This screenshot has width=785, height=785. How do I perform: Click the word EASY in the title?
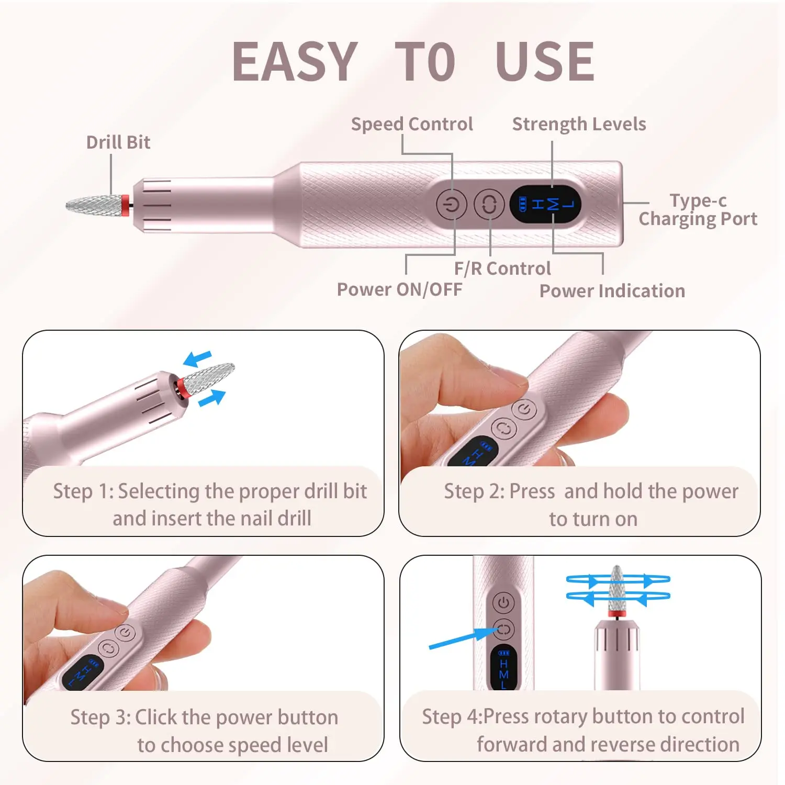pos(295,62)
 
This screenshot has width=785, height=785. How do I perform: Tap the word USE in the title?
pos(545,62)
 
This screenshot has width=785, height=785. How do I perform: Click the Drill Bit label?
pos(118,142)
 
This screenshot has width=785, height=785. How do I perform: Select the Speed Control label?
pos(412,124)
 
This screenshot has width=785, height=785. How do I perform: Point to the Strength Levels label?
pos(579,124)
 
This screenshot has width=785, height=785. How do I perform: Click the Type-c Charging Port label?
pos(698,209)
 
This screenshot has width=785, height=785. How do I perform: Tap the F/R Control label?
pos(502,268)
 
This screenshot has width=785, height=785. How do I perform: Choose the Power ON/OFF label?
pos(399,289)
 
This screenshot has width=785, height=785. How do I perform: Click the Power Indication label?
pos(612,291)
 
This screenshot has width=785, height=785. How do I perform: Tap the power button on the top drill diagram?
pos(452,204)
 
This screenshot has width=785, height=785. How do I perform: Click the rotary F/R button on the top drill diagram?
pos(489,204)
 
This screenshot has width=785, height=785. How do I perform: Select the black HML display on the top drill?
pos(545,204)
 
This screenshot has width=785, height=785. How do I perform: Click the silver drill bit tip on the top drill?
pos(94,205)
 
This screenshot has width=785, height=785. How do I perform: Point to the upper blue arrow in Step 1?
pos(197,359)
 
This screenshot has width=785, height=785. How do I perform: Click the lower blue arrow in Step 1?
pos(212,398)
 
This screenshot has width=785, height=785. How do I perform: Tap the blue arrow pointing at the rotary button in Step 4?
pos(461,638)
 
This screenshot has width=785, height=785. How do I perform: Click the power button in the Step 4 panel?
pos(503,602)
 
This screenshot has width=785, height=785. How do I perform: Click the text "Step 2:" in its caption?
pos(474,491)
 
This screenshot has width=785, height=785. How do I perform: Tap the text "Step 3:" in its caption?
pos(100,717)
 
